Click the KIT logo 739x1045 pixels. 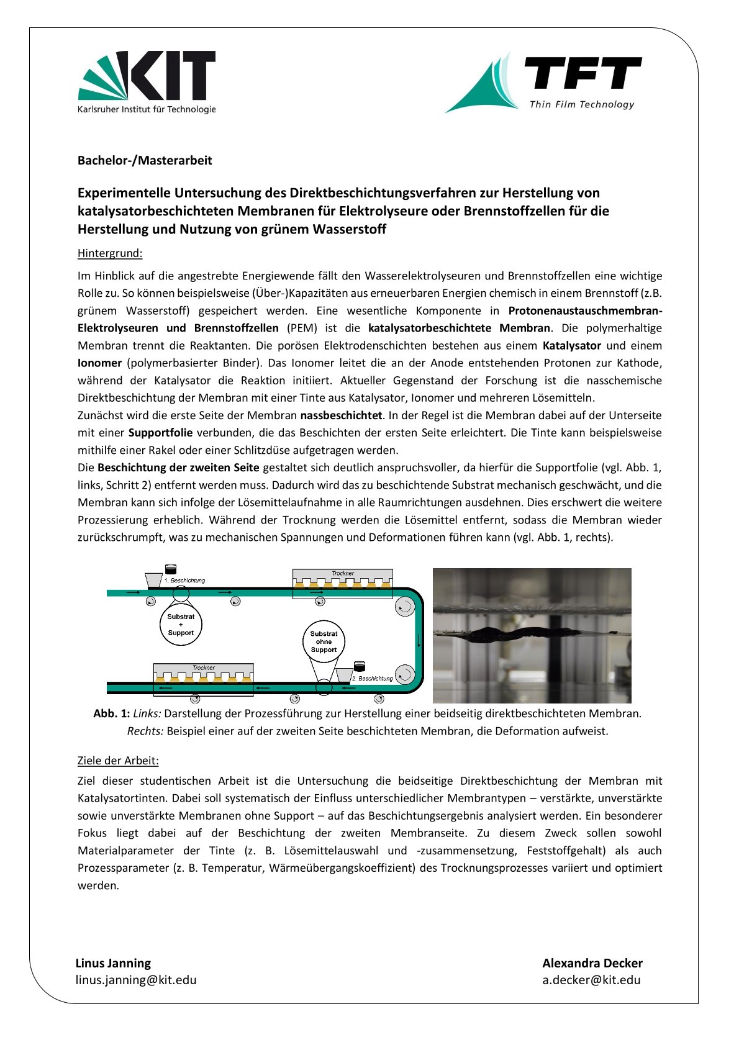click(147, 82)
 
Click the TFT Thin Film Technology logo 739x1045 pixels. click(543, 83)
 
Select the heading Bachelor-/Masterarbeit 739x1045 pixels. click(145, 160)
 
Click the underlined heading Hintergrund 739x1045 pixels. click(110, 253)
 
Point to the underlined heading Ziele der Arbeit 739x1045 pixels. click(118, 760)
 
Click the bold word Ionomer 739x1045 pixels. click(99, 363)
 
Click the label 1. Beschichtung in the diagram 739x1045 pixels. click(184, 581)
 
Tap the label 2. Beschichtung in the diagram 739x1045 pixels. click(373, 679)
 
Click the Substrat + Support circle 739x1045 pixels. click(181, 625)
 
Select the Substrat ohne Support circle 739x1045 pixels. click(324, 642)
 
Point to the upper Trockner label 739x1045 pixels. click(342, 573)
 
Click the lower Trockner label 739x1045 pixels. click(203, 667)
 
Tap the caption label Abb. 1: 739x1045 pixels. click(111, 713)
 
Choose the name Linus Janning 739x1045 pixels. click(113, 963)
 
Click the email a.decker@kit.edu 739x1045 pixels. click(591, 980)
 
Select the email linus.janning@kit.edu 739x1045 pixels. click(136, 980)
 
